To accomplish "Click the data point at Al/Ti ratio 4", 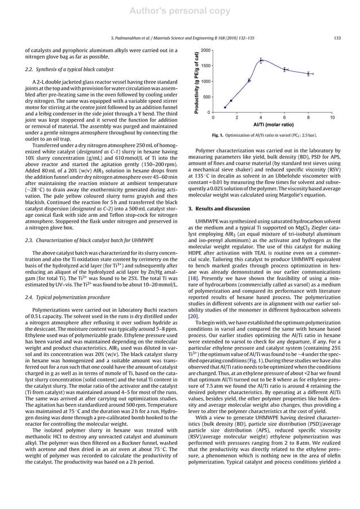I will tap(261, 60).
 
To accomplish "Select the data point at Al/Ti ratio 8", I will tap(309, 73).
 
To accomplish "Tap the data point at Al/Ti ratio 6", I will tap(285, 69).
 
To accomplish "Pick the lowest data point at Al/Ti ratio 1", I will tap(225, 107).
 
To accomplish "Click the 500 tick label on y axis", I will tap(207, 97).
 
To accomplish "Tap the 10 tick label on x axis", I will tap(332, 117).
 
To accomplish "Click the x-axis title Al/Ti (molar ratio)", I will tap(273, 124).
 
